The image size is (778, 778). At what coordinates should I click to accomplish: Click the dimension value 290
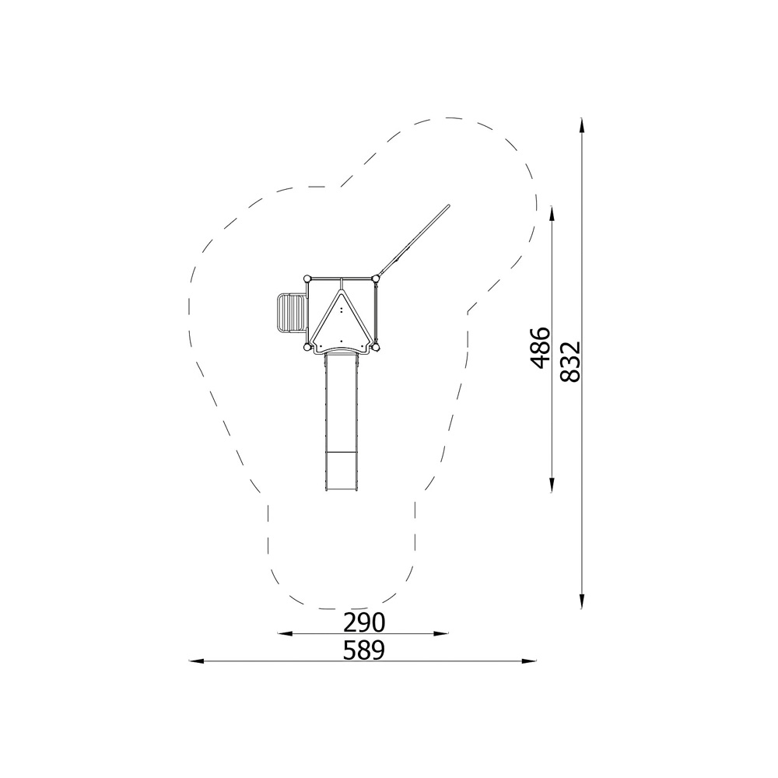pos(363,622)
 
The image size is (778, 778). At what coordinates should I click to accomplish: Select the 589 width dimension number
pos(363,650)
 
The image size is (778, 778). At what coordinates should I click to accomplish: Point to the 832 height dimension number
pos(570,361)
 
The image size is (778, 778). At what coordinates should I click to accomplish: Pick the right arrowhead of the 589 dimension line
pos(529,661)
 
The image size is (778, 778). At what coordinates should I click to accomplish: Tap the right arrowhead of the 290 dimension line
pos(441,633)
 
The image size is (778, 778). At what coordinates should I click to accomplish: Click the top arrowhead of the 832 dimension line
pos(581,125)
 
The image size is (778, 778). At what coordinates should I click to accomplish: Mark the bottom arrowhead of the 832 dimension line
pos(581,601)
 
